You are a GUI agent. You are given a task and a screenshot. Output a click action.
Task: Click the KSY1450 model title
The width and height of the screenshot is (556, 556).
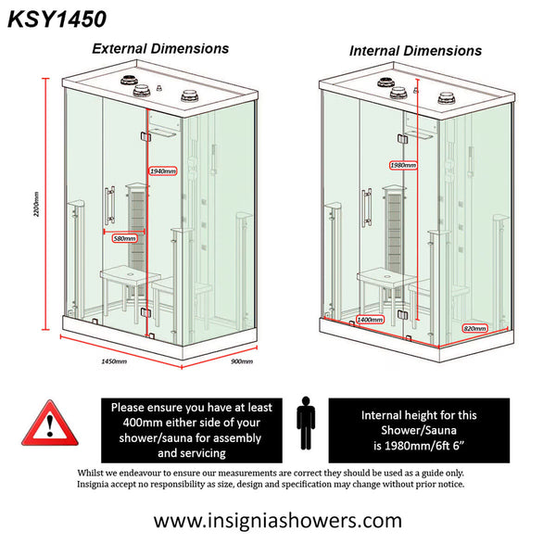click(x=57, y=18)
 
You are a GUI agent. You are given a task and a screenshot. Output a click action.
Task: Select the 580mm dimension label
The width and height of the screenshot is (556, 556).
click(x=124, y=239)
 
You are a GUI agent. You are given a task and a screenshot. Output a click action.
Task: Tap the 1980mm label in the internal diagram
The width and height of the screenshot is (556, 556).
click(x=402, y=166)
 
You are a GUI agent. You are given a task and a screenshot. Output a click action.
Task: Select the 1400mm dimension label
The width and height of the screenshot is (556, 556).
click(x=370, y=320)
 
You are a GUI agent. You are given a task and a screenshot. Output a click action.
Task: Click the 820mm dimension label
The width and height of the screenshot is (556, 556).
click(x=474, y=328)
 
